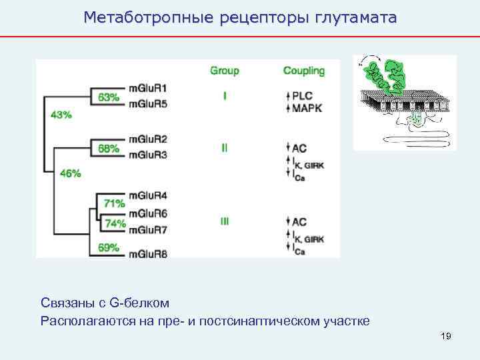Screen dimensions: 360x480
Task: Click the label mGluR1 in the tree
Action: point(148,87)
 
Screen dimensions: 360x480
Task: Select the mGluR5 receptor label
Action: point(148,103)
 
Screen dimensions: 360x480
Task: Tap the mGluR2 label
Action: point(148,139)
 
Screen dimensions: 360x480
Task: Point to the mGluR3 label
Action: point(148,155)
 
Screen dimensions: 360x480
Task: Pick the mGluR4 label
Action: point(148,195)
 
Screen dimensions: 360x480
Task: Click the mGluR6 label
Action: point(148,213)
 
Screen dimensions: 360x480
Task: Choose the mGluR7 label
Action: point(148,230)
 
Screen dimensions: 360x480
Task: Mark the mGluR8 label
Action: point(148,253)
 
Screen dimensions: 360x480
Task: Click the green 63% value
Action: point(109,97)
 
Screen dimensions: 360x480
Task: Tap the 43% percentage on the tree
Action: point(61,115)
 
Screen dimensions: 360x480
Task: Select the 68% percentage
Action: point(109,148)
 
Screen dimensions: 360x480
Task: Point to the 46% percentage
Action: point(70,173)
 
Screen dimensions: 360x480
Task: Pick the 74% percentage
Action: point(115,223)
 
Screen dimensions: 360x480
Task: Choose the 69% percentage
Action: point(108,247)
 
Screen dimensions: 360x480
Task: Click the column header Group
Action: point(225,71)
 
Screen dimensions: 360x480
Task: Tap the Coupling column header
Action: point(304,71)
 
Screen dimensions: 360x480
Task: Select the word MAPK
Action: point(307,107)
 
